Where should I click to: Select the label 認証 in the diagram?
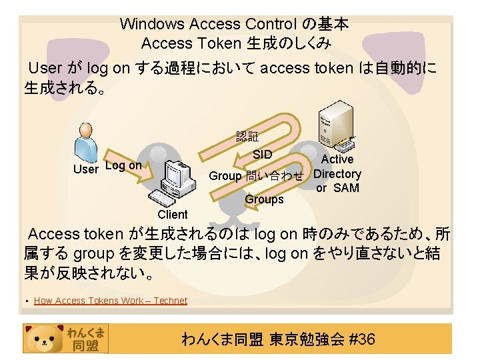pos(247,137)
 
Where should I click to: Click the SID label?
pos(263,155)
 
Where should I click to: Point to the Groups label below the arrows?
pos(264,199)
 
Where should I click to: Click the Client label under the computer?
pos(173,215)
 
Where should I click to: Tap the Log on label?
pos(123,165)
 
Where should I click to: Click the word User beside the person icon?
pos(85,169)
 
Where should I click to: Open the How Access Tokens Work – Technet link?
pos(110,301)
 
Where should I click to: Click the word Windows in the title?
pos(152,25)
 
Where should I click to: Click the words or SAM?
pos(337,188)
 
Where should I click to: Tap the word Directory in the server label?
pos(337,174)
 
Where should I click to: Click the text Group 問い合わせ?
pos(256,176)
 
